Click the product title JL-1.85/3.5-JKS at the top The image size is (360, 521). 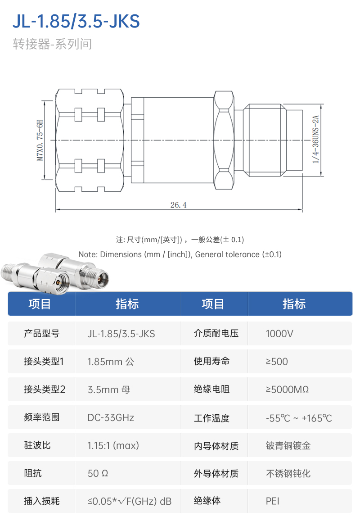[76, 21]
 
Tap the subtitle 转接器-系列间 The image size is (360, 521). [52, 44]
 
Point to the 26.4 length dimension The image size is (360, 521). [178, 205]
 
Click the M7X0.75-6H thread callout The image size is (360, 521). [40, 140]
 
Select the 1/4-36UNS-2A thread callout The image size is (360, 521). [315, 139]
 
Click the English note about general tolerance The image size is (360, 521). [180, 254]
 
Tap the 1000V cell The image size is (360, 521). [279, 334]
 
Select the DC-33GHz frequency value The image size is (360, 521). [111, 417]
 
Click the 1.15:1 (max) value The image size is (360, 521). [113, 445]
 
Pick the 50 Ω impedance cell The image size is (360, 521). [98, 473]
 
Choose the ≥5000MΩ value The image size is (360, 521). [287, 390]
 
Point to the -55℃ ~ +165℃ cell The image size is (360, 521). [299, 418]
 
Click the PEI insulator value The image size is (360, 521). [272, 501]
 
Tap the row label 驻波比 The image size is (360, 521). [37, 445]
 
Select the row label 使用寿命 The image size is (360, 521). [211, 361]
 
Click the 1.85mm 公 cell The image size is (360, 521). [111, 362]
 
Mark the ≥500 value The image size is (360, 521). [277, 362]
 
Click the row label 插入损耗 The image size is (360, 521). [41, 501]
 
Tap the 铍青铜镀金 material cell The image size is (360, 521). [288, 446]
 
